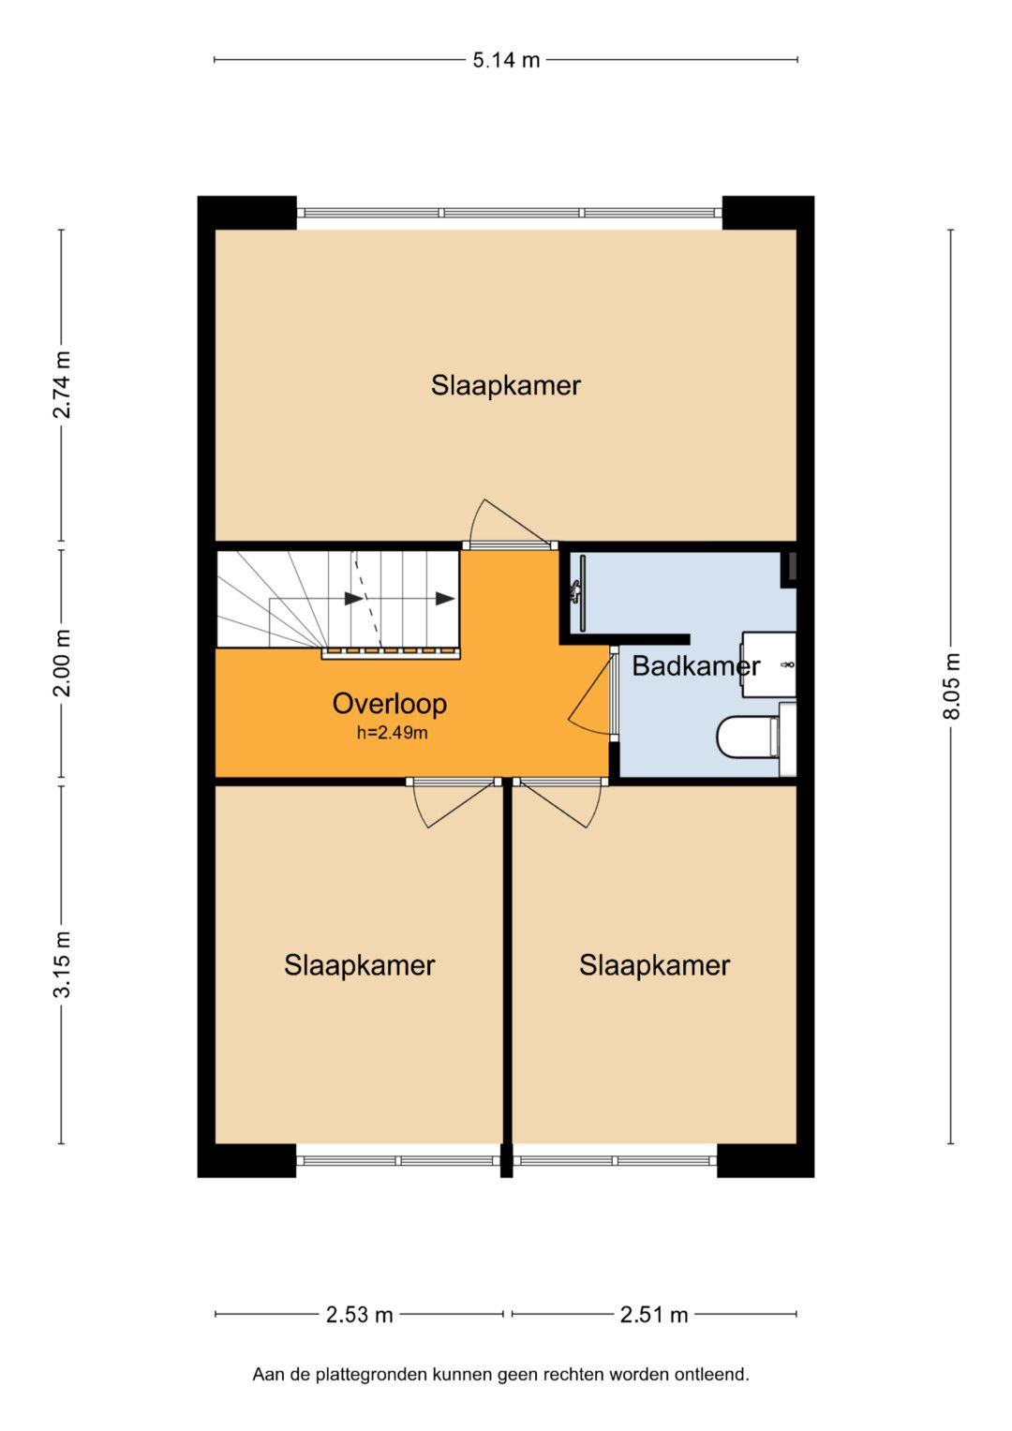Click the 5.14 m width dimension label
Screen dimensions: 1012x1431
(x=506, y=60)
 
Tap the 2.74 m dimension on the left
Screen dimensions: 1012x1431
(x=62, y=384)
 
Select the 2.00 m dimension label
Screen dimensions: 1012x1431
(x=62, y=663)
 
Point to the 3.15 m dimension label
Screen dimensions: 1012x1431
(x=62, y=964)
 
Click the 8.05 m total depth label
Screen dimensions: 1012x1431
(x=951, y=686)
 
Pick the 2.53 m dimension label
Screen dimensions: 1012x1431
(x=359, y=1314)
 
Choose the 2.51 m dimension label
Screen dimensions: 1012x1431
(x=654, y=1314)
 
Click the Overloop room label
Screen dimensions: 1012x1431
(x=389, y=704)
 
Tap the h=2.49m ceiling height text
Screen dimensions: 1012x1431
(x=392, y=733)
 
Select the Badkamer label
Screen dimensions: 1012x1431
(x=695, y=666)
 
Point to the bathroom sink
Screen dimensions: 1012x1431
(x=769, y=664)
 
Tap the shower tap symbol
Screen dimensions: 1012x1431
(x=575, y=591)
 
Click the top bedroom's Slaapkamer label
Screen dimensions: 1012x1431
(x=505, y=385)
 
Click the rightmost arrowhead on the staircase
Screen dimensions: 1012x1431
(x=445, y=599)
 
